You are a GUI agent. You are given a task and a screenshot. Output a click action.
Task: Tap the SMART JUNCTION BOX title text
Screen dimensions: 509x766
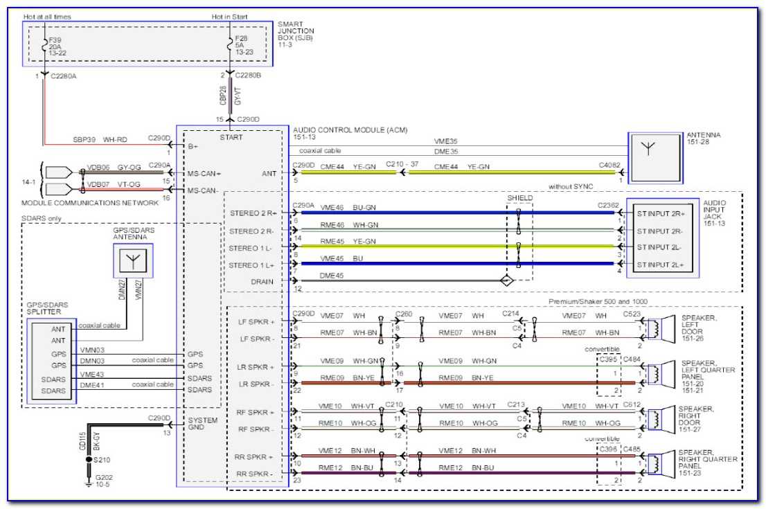296,31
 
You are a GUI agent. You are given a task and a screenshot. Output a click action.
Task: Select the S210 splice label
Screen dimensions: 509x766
102,459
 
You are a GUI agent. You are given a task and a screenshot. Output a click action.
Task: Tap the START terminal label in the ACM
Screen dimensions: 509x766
231,137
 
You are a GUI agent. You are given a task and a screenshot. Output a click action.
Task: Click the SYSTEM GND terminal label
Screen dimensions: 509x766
202,425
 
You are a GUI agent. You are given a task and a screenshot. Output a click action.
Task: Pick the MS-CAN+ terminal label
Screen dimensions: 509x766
204,173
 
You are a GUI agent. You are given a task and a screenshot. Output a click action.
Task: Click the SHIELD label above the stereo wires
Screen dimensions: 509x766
520,197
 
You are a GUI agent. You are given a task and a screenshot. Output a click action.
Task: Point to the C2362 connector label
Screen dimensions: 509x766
610,205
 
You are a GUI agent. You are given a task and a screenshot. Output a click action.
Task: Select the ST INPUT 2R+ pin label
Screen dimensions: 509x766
659,213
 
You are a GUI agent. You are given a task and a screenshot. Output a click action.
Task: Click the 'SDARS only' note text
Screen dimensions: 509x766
42,219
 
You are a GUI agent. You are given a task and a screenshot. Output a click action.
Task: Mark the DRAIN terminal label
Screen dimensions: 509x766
261,282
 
